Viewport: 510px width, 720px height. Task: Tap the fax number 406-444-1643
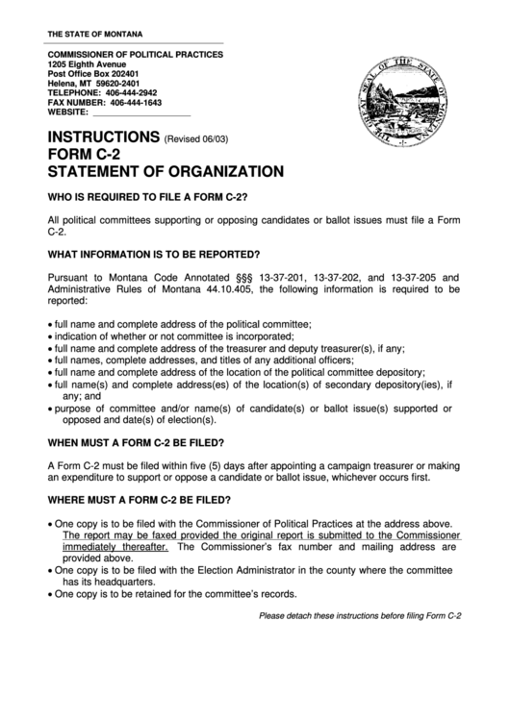pos(136,102)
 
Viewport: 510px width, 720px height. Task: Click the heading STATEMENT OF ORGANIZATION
pos(166,172)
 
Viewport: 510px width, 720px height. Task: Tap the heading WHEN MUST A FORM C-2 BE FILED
pos(136,442)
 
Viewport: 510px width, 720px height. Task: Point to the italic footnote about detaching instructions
pos(361,616)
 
